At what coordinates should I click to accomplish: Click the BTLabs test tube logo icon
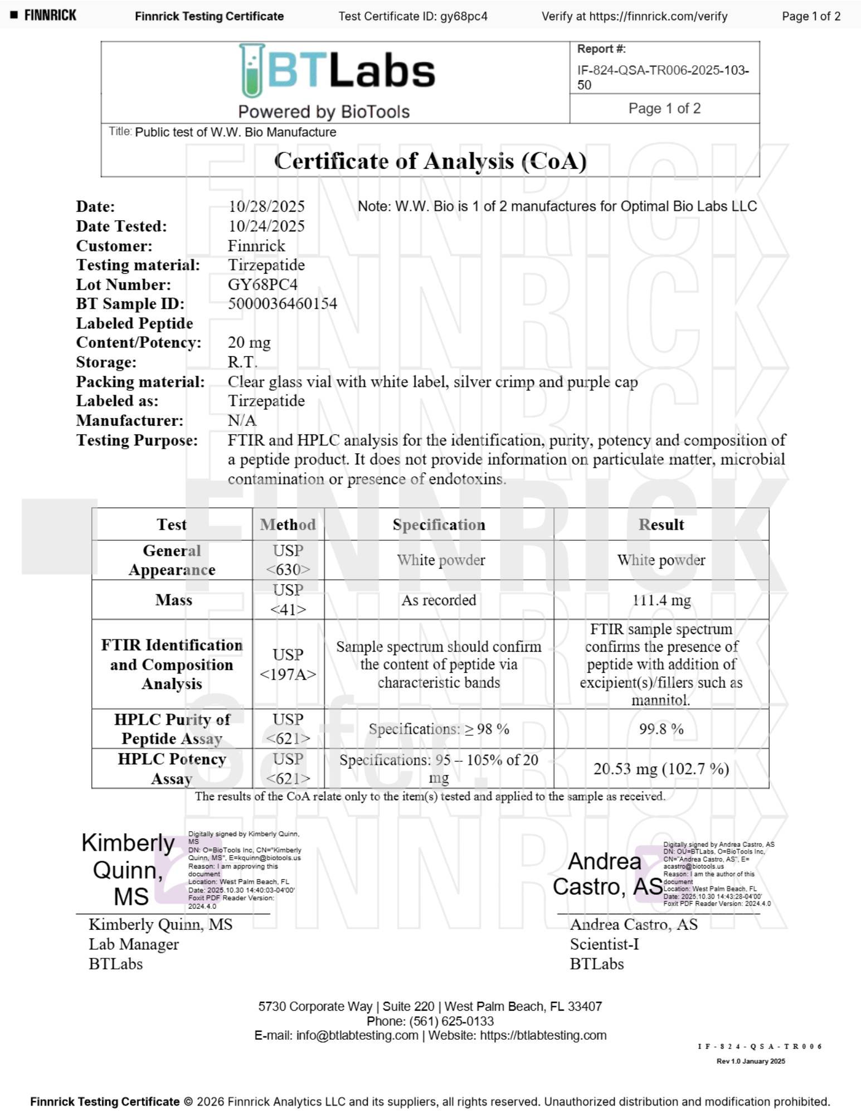252,71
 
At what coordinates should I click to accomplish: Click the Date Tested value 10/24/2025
266,226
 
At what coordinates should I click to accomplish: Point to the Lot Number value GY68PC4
262,284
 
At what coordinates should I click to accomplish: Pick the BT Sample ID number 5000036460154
282,303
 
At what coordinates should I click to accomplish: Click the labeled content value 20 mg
249,342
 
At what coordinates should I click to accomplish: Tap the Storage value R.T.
242,362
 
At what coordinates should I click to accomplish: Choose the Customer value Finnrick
256,245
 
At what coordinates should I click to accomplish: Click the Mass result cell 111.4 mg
661,600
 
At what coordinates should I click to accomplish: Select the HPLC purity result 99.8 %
661,729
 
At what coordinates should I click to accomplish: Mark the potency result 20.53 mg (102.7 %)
661,769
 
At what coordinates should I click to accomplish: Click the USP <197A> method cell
288,664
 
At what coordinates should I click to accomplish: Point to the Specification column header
439,525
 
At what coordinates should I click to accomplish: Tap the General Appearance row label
172,560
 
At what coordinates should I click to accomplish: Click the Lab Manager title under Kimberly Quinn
134,944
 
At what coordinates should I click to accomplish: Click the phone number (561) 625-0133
451,1021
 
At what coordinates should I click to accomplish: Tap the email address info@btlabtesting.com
357,1035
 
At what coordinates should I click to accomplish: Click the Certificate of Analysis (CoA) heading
430,161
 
